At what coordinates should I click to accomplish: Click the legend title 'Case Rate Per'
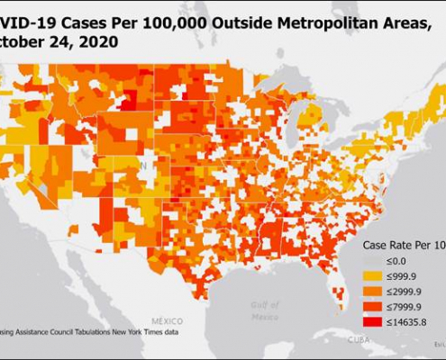pyautogui.click(x=396, y=244)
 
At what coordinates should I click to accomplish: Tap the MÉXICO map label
pyautogui.click(x=168, y=320)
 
